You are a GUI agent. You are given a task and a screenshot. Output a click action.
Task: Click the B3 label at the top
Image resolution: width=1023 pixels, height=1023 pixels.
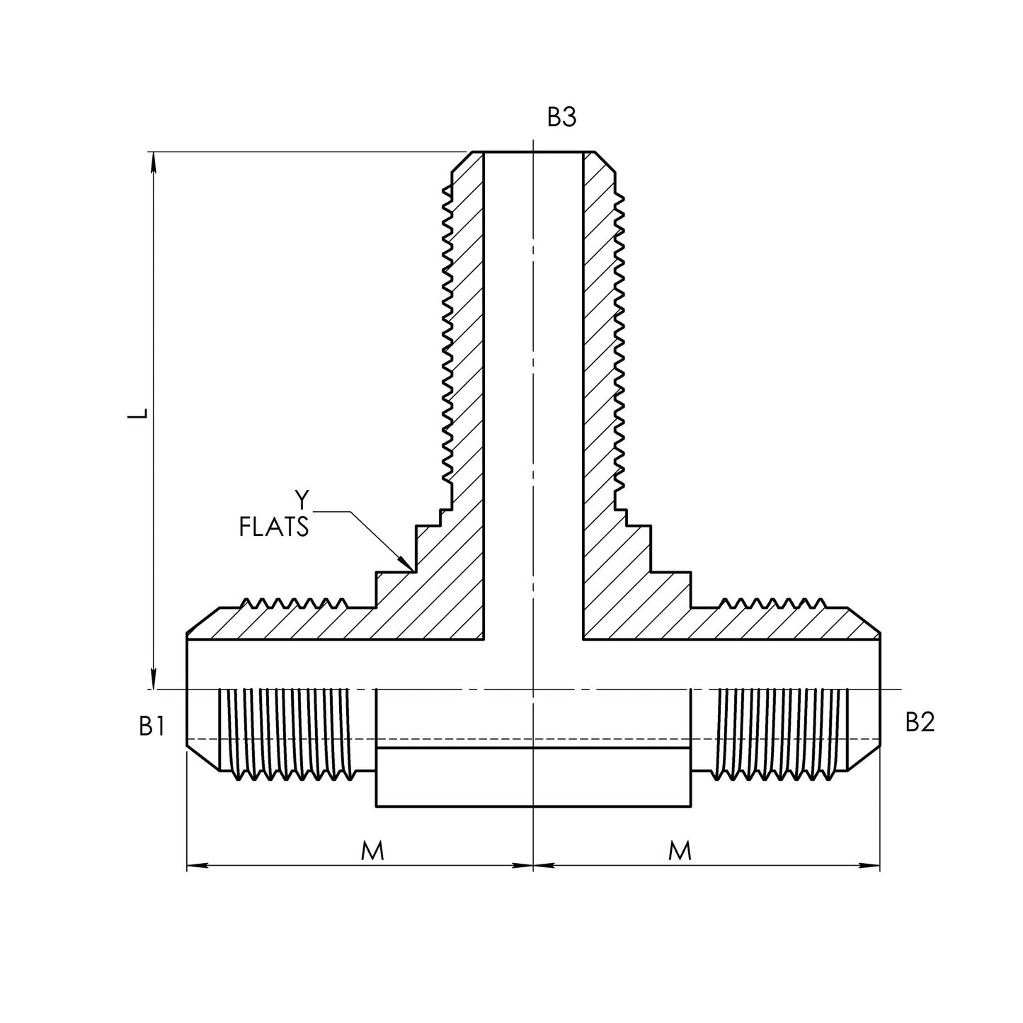pyautogui.click(x=561, y=118)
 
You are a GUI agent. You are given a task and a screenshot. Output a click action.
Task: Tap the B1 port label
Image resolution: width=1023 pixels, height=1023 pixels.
pyautogui.click(x=152, y=726)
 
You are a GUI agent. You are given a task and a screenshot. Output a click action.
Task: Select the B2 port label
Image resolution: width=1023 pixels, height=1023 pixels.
pyautogui.click(x=920, y=722)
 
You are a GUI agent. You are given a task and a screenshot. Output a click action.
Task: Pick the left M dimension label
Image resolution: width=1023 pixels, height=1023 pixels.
pyautogui.click(x=372, y=851)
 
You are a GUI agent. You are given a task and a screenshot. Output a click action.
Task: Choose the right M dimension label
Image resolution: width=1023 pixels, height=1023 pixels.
pyautogui.click(x=680, y=851)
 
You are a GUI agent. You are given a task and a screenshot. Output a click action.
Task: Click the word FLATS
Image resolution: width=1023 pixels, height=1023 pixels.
pyautogui.click(x=274, y=527)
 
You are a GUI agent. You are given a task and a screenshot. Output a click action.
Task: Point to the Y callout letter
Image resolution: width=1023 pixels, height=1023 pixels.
pyautogui.click(x=302, y=501)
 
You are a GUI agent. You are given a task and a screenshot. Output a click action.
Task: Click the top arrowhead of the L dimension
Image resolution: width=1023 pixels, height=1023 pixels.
pyautogui.click(x=154, y=161)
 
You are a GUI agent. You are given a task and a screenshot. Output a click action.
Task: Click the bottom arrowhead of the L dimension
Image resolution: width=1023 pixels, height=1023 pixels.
pyautogui.click(x=154, y=680)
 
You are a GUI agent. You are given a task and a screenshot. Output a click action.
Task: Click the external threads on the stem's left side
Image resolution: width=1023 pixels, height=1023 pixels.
pyautogui.click(x=447, y=333)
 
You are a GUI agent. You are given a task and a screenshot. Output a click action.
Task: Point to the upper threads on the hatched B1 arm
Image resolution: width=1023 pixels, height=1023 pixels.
pyautogui.click(x=294, y=604)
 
